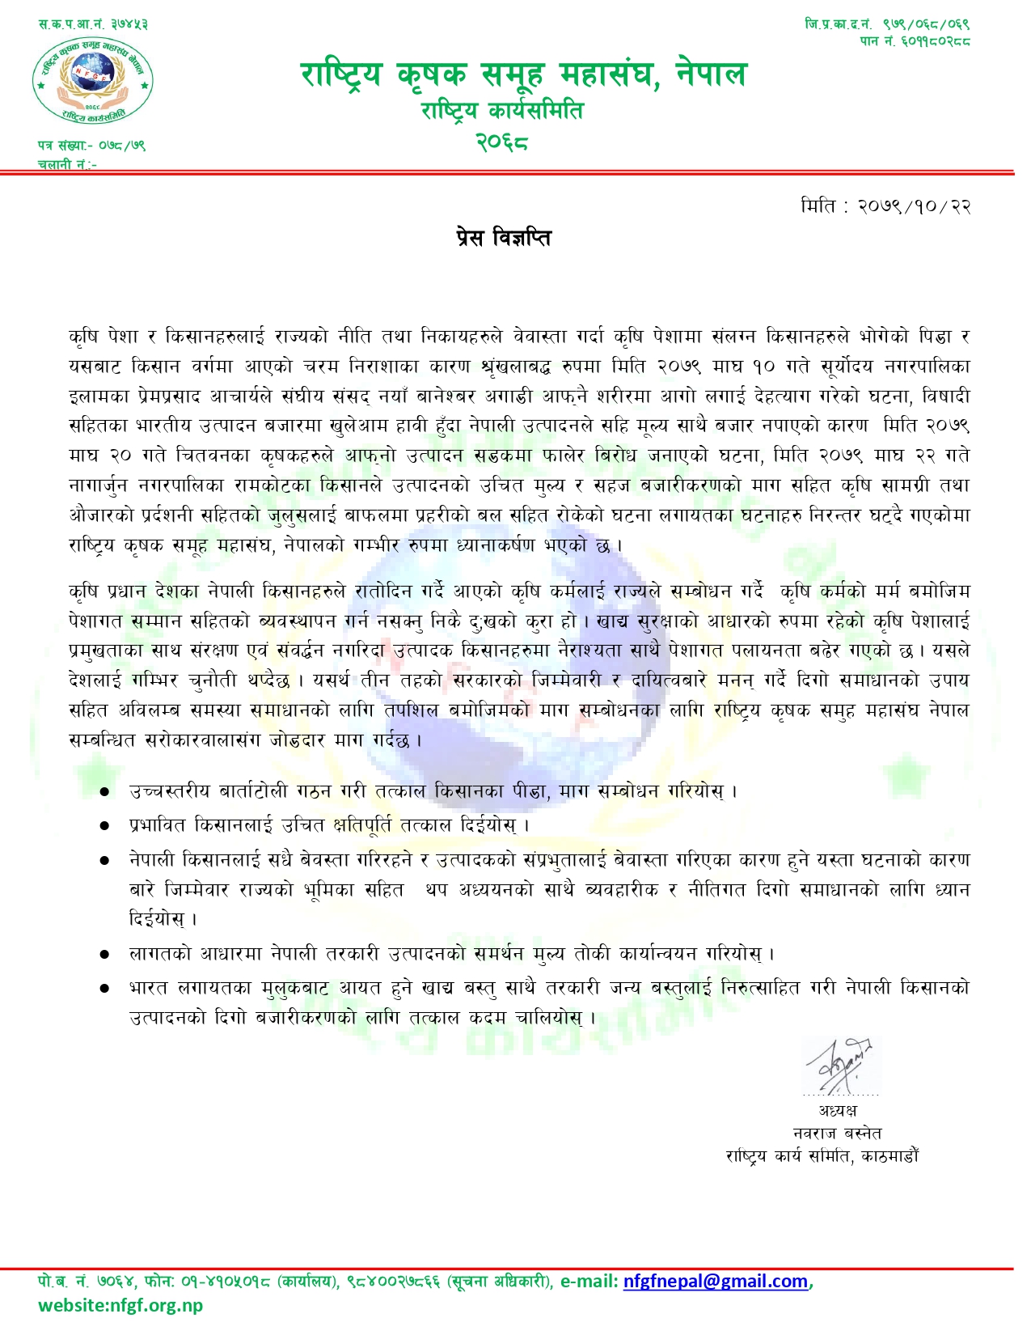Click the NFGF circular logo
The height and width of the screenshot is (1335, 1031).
pyautogui.click(x=92, y=81)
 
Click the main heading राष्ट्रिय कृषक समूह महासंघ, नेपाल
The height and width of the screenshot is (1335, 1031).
pyautogui.click(x=524, y=74)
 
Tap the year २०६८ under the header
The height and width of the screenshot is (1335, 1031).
pyautogui.click(x=501, y=142)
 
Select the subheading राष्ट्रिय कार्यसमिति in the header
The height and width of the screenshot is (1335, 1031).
pyautogui.click(x=501, y=110)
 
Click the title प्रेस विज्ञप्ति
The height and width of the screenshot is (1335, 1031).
pyautogui.click(x=502, y=238)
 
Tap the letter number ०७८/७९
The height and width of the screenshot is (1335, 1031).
pyautogui.click(x=122, y=146)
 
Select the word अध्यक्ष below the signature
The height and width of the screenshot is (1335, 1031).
pyautogui.click(x=838, y=1110)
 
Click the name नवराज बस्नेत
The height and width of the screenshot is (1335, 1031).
pyautogui.click(x=838, y=1133)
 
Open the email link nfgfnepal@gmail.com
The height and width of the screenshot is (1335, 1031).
pyautogui.click(x=716, y=1282)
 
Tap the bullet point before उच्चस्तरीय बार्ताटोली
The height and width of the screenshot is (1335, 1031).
pyautogui.click(x=104, y=792)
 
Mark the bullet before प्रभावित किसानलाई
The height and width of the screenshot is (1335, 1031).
pyautogui.click(x=104, y=826)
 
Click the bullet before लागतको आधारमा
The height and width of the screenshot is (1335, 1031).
pyautogui.click(x=104, y=955)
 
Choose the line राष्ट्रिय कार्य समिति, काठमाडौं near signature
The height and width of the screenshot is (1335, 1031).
pyautogui.click(x=822, y=1156)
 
